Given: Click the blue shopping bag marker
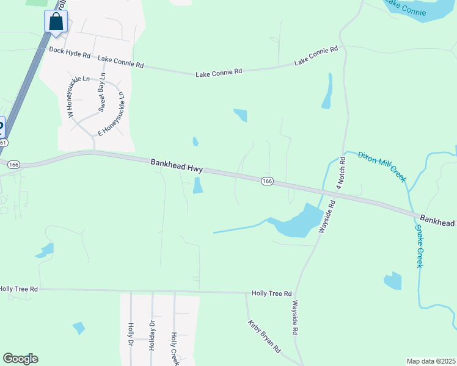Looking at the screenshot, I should coord(56,22).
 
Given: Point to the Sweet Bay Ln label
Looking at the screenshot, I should coord(103,93).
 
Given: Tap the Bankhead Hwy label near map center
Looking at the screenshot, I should coord(177,165).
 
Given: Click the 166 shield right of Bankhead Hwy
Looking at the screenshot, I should coord(267,181).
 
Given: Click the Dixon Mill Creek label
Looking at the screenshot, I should coord(382,165).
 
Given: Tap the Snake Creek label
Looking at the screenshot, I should coord(419,246).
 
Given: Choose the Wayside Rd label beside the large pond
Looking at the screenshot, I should coord(326,218).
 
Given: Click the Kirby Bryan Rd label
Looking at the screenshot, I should coord(264,337).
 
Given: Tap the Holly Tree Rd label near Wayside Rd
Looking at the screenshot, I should coord(271,293).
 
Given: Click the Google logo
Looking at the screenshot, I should coord(21,359).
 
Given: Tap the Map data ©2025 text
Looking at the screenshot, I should coord(431,361).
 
